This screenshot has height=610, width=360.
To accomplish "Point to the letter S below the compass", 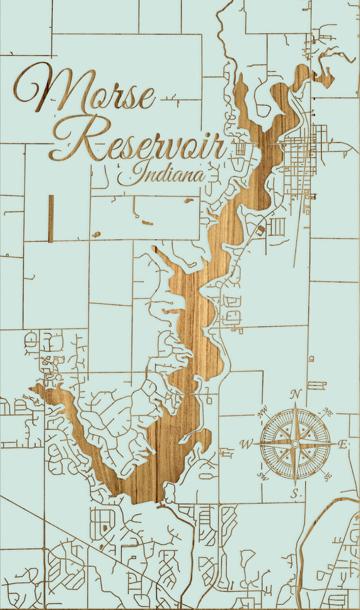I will (295, 494).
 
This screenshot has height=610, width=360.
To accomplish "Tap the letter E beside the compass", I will (343, 444).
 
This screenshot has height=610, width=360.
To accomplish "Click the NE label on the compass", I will (328, 413).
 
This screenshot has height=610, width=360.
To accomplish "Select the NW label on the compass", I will (262, 413).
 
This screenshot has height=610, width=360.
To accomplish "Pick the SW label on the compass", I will (263, 476).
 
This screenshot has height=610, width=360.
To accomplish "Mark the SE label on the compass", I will (327, 476).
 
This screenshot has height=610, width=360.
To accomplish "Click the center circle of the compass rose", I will (295, 443).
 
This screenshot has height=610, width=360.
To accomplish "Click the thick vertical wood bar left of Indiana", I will (50, 218).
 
